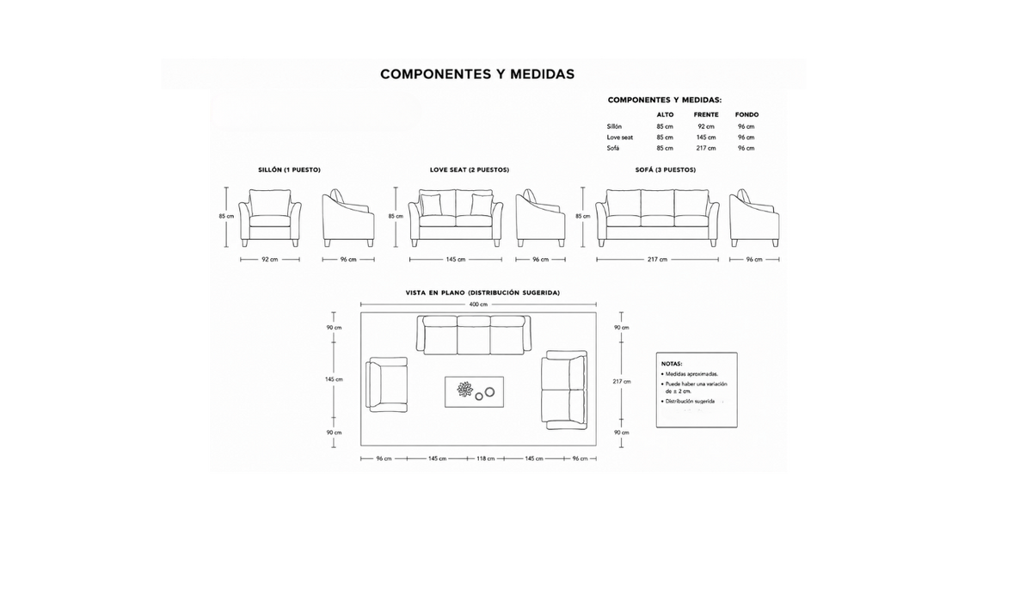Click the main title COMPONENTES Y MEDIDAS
coord(477,75)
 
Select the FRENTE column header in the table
coord(706,114)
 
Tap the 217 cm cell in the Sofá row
coord(706,148)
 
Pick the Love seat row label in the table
coord(620,138)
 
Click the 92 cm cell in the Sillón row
coord(706,126)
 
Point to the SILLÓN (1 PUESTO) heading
coord(289,170)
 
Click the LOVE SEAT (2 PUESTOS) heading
coord(470,170)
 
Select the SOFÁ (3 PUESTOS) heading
coord(666,170)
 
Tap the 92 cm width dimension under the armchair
coord(270,259)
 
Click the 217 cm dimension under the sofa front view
coord(657,259)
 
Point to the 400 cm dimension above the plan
coord(478,304)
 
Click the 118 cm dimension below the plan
coord(486,458)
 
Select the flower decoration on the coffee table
coord(465,390)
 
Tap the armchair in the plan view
coord(386,384)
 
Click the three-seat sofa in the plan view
coord(474,335)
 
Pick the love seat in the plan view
coord(564,390)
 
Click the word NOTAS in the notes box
coord(672,364)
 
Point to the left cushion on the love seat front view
coord(430,205)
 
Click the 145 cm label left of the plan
coord(334,379)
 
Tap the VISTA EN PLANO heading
coord(482,293)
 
